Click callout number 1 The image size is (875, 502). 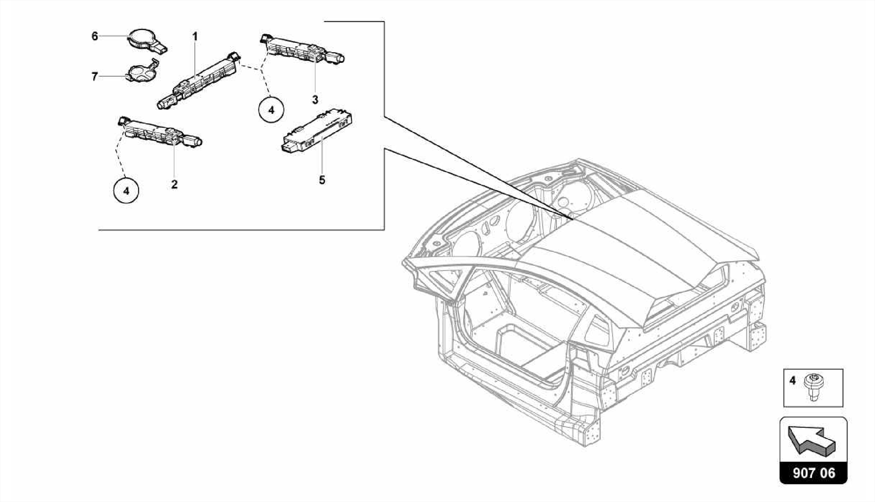pos(195,37)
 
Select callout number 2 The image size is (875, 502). pos(174,185)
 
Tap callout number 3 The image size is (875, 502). pos(315,100)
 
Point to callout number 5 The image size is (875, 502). pos(322,180)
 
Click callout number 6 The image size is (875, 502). pos(95,36)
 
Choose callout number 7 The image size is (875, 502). pos(95,77)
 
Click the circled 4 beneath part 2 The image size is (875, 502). pos(126,191)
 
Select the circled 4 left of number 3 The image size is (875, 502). pos(271,110)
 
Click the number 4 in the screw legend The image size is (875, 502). pos(793,380)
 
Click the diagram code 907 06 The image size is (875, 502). pos(813,473)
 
